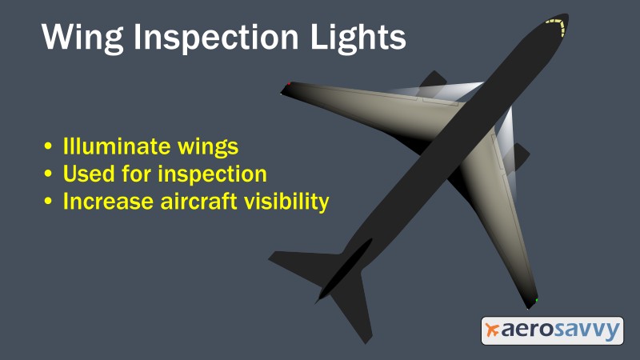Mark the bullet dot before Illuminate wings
(x=50, y=147)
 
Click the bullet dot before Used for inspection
(x=50, y=174)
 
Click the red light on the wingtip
(x=288, y=84)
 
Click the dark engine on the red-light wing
(x=434, y=80)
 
